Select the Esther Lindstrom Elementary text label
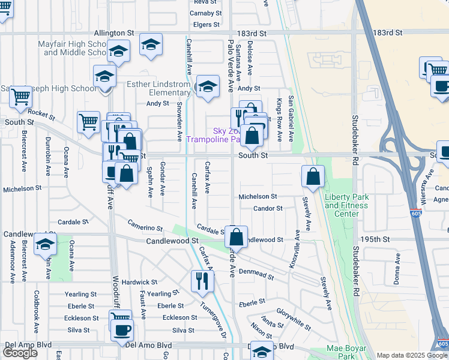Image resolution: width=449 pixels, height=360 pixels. point(158,88)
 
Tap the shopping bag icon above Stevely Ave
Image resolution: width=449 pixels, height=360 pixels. point(313,176)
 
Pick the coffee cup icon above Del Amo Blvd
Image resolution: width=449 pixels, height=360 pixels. point(122,329)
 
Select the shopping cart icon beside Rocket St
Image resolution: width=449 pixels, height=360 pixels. point(88,122)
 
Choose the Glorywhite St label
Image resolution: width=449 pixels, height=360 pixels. point(294,319)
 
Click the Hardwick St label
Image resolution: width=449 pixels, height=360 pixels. point(139,281)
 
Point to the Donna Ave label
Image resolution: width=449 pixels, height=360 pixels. point(397,265)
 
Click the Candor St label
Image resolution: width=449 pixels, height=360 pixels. point(268,208)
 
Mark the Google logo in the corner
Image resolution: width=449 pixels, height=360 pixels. point(20,353)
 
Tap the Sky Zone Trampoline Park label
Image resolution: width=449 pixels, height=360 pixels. point(213,135)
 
